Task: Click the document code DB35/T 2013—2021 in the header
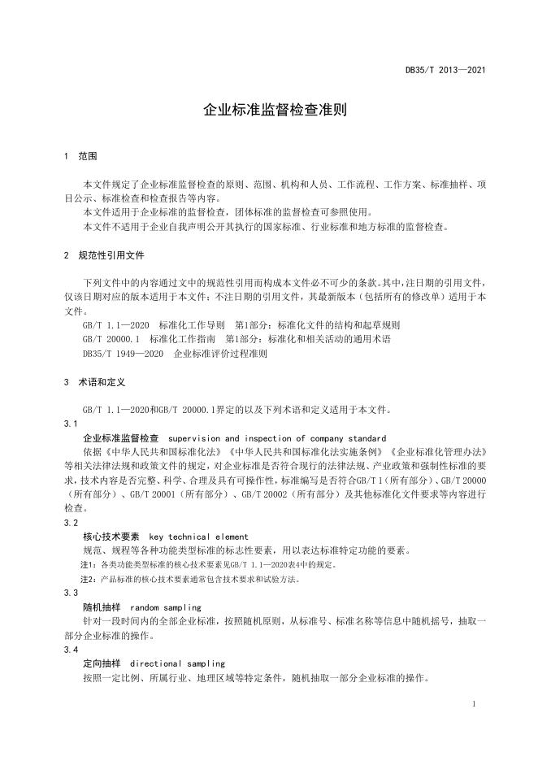(x=445, y=70)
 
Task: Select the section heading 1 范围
(x=80, y=156)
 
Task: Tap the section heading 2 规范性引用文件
(x=103, y=255)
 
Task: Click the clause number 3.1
(x=70, y=424)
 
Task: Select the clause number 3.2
(x=70, y=523)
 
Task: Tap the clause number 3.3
(x=70, y=594)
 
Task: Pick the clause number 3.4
(x=70, y=650)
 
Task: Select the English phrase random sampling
(x=165, y=607)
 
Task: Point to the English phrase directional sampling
(x=176, y=664)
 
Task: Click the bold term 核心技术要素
(x=111, y=537)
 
